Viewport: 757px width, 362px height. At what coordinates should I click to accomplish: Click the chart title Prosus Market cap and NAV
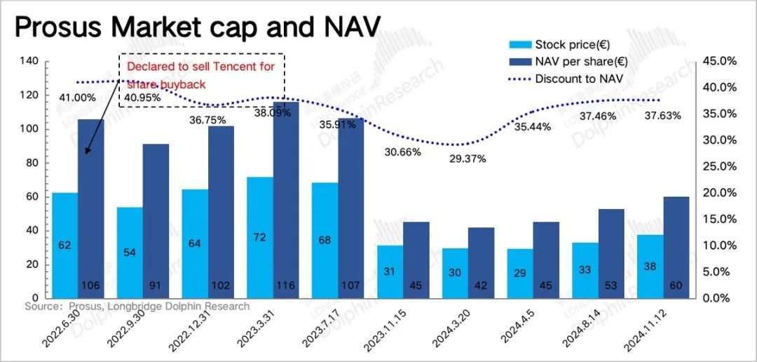197,29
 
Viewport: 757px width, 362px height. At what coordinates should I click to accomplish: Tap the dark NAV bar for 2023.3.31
286,196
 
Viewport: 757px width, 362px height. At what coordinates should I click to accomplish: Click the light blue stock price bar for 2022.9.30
130,253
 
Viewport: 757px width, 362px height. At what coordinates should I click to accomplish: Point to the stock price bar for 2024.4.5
519,273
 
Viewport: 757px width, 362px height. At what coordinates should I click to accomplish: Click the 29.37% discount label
468,159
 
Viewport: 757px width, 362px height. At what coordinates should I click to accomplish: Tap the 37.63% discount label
662,116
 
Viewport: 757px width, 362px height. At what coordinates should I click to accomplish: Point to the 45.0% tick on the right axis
720,62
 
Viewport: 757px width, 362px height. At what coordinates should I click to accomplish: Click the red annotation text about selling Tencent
200,74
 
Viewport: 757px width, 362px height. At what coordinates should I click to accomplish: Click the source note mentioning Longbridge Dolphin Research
137,307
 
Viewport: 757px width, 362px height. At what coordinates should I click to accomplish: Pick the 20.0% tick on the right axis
720,193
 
